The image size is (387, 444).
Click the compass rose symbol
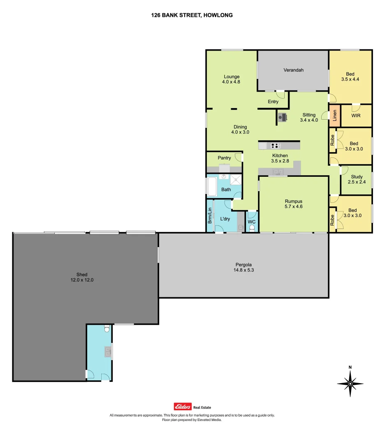pos(350,384)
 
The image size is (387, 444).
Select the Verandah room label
pos(293,70)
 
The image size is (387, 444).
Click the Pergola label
pos(243,264)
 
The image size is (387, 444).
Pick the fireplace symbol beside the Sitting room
pos(283,118)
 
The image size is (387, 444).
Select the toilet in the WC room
pos(252,227)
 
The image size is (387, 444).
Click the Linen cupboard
pos(334,116)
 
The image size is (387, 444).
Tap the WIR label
pos(356,116)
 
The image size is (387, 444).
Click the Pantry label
pos(224,158)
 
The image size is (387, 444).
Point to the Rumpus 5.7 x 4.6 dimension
pos(294,206)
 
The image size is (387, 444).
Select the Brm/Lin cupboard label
pos(210,216)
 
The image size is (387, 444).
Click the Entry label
pos(273,102)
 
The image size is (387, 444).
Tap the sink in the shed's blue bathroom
pos(108,351)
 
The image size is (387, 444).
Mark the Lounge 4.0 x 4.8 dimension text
pos(232,82)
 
